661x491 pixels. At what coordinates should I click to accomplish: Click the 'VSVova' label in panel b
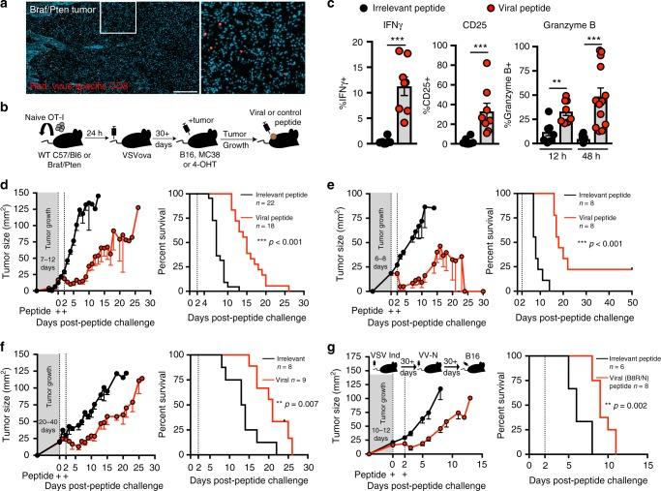(x=135, y=156)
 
